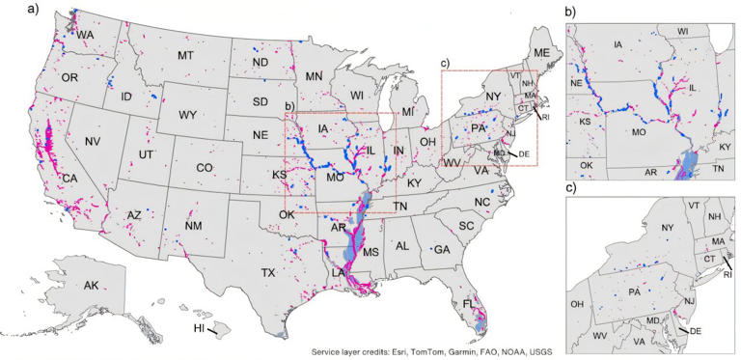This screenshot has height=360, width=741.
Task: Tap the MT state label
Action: (x=185, y=57)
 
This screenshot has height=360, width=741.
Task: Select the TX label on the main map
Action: (x=268, y=273)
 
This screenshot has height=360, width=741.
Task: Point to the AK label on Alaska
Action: (x=91, y=286)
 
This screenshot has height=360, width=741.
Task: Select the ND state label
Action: (x=261, y=63)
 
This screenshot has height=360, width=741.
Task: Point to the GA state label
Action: (x=443, y=249)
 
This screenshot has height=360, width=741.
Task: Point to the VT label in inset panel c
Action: (x=694, y=205)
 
